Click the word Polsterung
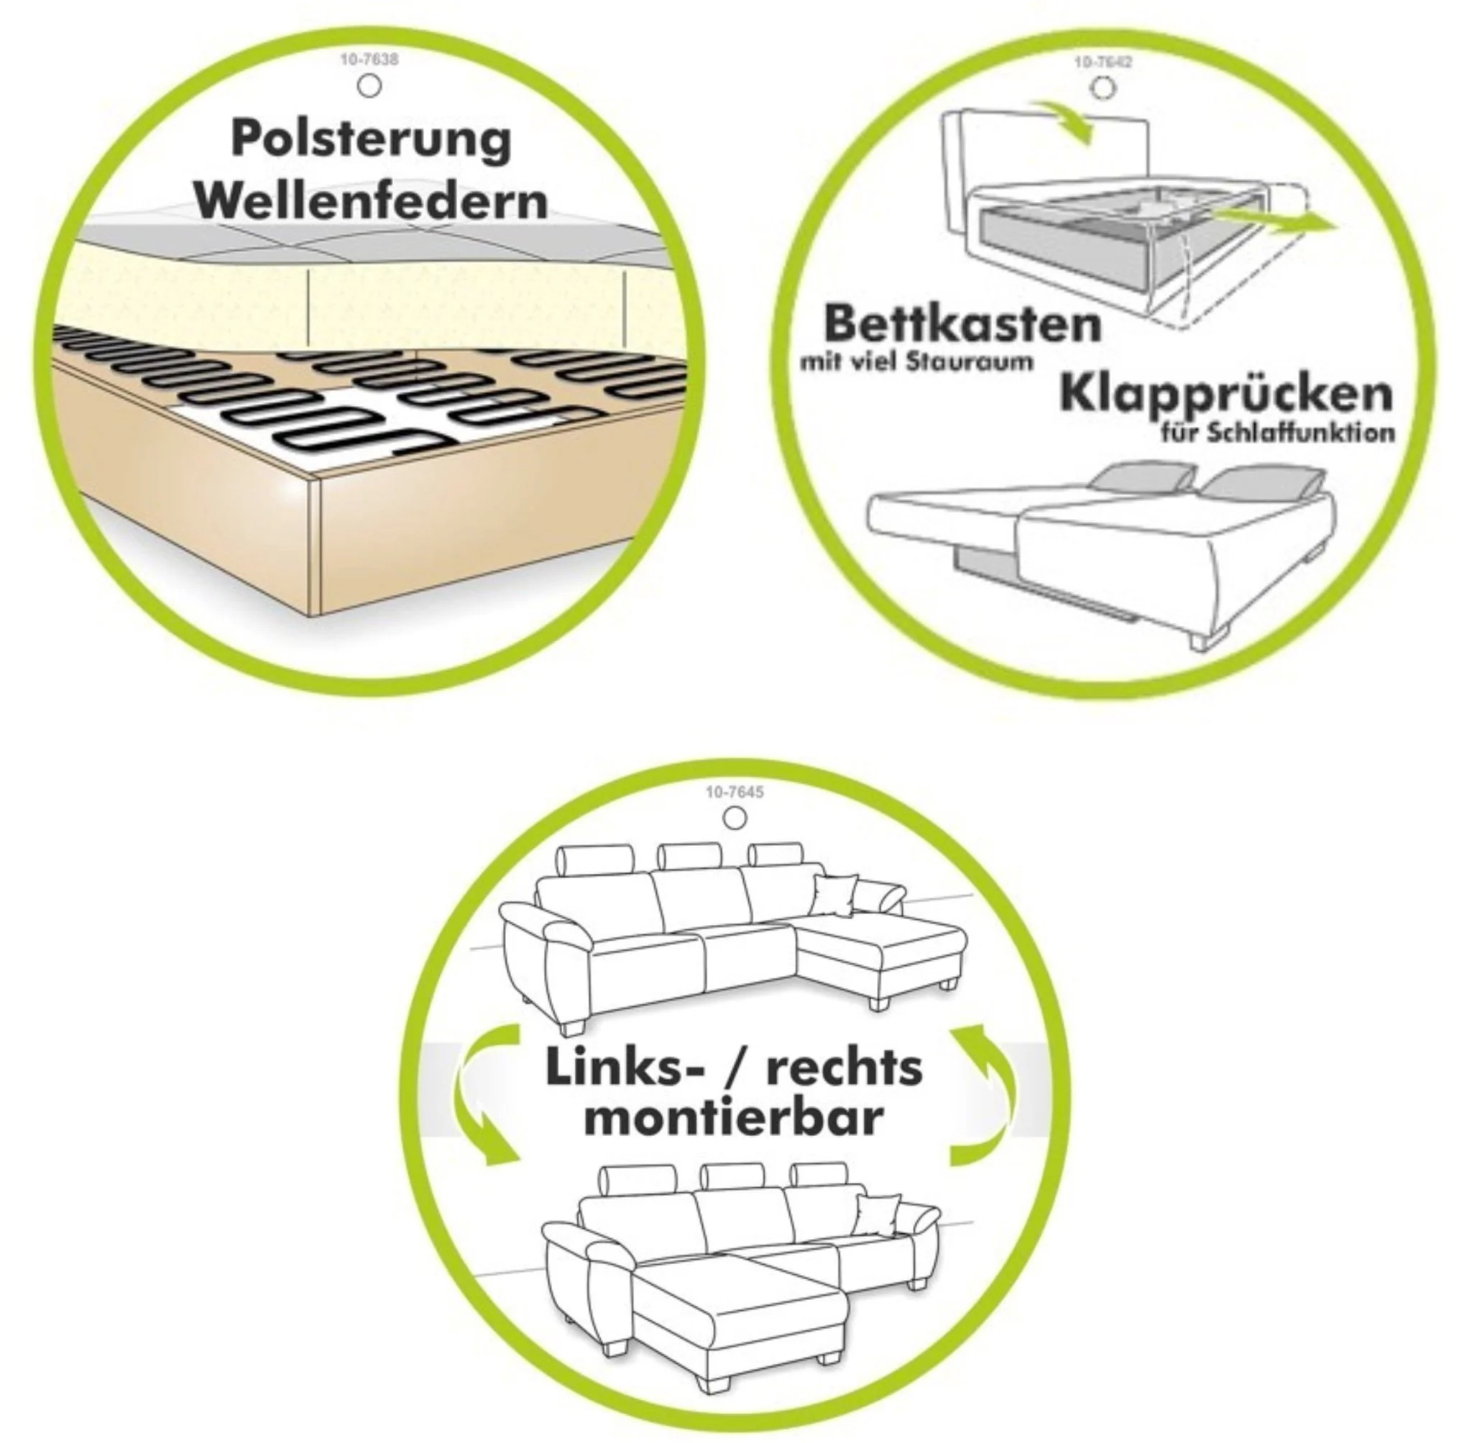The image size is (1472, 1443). pos(371,140)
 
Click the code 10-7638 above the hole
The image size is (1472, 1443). pos(369,59)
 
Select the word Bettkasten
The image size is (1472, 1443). pos(962,323)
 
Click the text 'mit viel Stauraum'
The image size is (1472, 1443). pos(916,362)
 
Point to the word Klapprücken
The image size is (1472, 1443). pos(1225,392)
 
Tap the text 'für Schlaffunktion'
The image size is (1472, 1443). pos(1276,433)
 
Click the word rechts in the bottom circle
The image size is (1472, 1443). pos(844,1068)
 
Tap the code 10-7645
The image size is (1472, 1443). pos(734,793)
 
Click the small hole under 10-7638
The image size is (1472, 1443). pos(369,87)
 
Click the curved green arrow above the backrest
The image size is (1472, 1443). pos(1066,121)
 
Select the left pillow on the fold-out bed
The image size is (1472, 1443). pos(1141,479)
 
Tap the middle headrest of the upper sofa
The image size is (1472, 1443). pos(689,857)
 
